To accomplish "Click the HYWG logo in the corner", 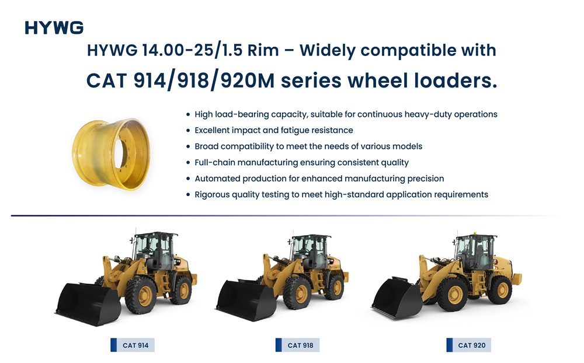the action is (54, 28).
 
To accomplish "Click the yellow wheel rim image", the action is (111, 154).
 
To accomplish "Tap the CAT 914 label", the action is (133, 345).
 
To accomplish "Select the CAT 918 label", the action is (298, 345).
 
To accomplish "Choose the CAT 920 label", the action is (468, 345).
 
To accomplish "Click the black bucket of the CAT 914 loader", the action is (88, 304).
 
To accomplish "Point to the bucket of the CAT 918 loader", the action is (246, 301).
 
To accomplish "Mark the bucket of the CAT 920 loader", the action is (397, 298).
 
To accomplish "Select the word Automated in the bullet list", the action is (217, 179).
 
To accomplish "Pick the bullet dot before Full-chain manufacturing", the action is (188, 163).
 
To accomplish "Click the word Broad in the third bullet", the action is (206, 146).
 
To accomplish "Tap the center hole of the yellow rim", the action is (120, 153).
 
